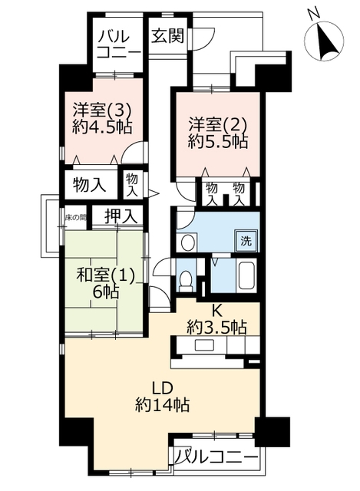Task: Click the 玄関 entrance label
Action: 167,36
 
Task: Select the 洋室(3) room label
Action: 102,110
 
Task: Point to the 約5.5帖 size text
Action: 218,142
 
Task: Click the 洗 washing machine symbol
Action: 246,241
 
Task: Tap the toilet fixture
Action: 186,279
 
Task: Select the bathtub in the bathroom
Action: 247,276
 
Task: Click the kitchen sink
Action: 205,345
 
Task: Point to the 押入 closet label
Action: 121,216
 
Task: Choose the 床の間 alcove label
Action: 75,218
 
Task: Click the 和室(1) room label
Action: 106,275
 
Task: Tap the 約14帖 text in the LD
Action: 162,406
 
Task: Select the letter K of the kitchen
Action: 217,311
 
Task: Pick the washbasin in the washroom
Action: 188,242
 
